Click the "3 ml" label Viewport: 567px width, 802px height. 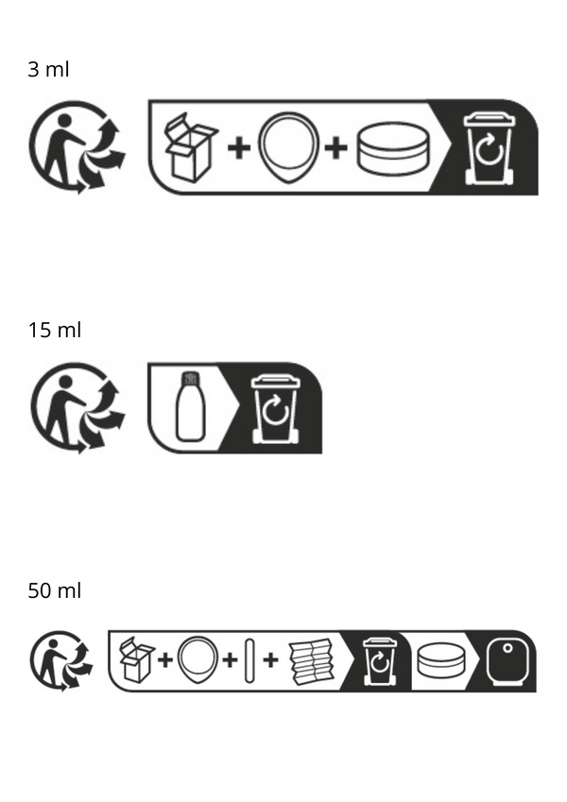click(x=48, y=70)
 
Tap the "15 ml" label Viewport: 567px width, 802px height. click(x=54, y=331)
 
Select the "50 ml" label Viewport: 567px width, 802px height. click(x=54, y=590)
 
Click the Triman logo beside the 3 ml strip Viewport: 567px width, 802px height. click(x=77, y=147)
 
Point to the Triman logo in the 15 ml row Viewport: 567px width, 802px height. click(x=77, y=408)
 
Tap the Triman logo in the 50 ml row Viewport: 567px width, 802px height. click(x=60, y=661)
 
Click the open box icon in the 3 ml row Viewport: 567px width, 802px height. click(x=190, y=147)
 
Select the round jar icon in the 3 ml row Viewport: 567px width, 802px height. click(x=393, y=148)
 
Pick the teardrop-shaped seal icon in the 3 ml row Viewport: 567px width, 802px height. click(x=288, y=147)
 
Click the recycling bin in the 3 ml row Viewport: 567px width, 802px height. click(x=490, y=149)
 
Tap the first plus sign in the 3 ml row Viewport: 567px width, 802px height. click(x=239, y=148)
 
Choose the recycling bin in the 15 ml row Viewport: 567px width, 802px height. click(x=276, y=409)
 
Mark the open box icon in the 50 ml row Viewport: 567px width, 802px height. click(x=137, y=659)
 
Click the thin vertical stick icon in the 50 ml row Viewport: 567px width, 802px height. click(x=249, y=660)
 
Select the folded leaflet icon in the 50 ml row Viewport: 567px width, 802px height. click(x=312, y=661)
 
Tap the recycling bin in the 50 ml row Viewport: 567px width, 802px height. click(x=380, y=661)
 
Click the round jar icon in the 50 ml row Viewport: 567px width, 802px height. click(x=441, y=660)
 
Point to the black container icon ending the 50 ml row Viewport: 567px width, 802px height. click(x=507, y=661)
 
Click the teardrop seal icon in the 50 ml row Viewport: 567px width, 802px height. click(x=198, y=659)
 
